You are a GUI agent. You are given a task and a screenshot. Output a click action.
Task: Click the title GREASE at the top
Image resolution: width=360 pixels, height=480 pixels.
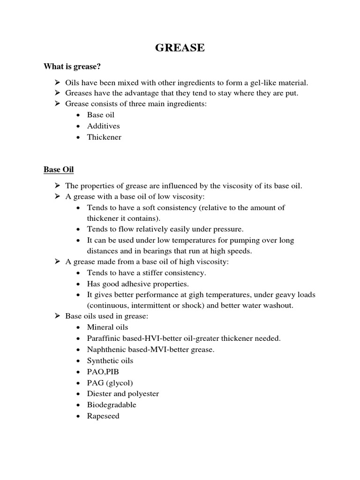(x=180, y=48)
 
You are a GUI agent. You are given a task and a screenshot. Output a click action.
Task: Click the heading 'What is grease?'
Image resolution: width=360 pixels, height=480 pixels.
(x=72, y=67)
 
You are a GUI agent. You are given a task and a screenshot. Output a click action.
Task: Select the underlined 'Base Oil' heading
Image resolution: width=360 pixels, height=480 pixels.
(x=59, y=169)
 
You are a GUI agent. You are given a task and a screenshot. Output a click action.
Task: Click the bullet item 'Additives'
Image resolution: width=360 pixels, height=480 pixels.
(x=103, y=126)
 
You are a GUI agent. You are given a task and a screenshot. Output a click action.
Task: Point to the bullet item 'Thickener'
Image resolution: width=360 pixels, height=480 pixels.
(x=104, y=137)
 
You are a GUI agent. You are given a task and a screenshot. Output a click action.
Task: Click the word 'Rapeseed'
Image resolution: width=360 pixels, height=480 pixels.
(x=103, y=416)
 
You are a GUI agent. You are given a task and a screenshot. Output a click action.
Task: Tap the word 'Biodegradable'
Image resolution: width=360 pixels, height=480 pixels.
(x=112, y=405)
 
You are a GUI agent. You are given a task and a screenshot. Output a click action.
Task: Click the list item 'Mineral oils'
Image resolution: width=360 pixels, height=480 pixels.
(x=107, y=327)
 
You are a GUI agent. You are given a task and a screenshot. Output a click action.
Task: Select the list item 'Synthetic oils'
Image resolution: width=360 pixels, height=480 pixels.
(x=110, y=360)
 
